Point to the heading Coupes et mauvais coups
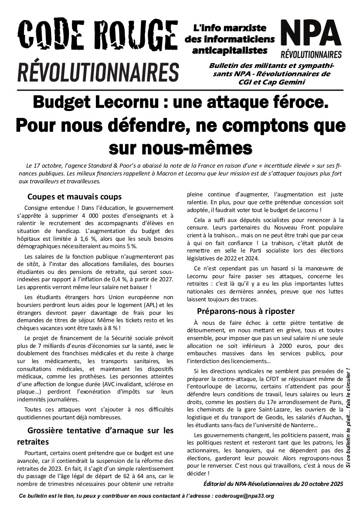[x=75, y=197]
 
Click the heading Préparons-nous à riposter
[x=246, y=311]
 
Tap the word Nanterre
[x=301, y=425]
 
